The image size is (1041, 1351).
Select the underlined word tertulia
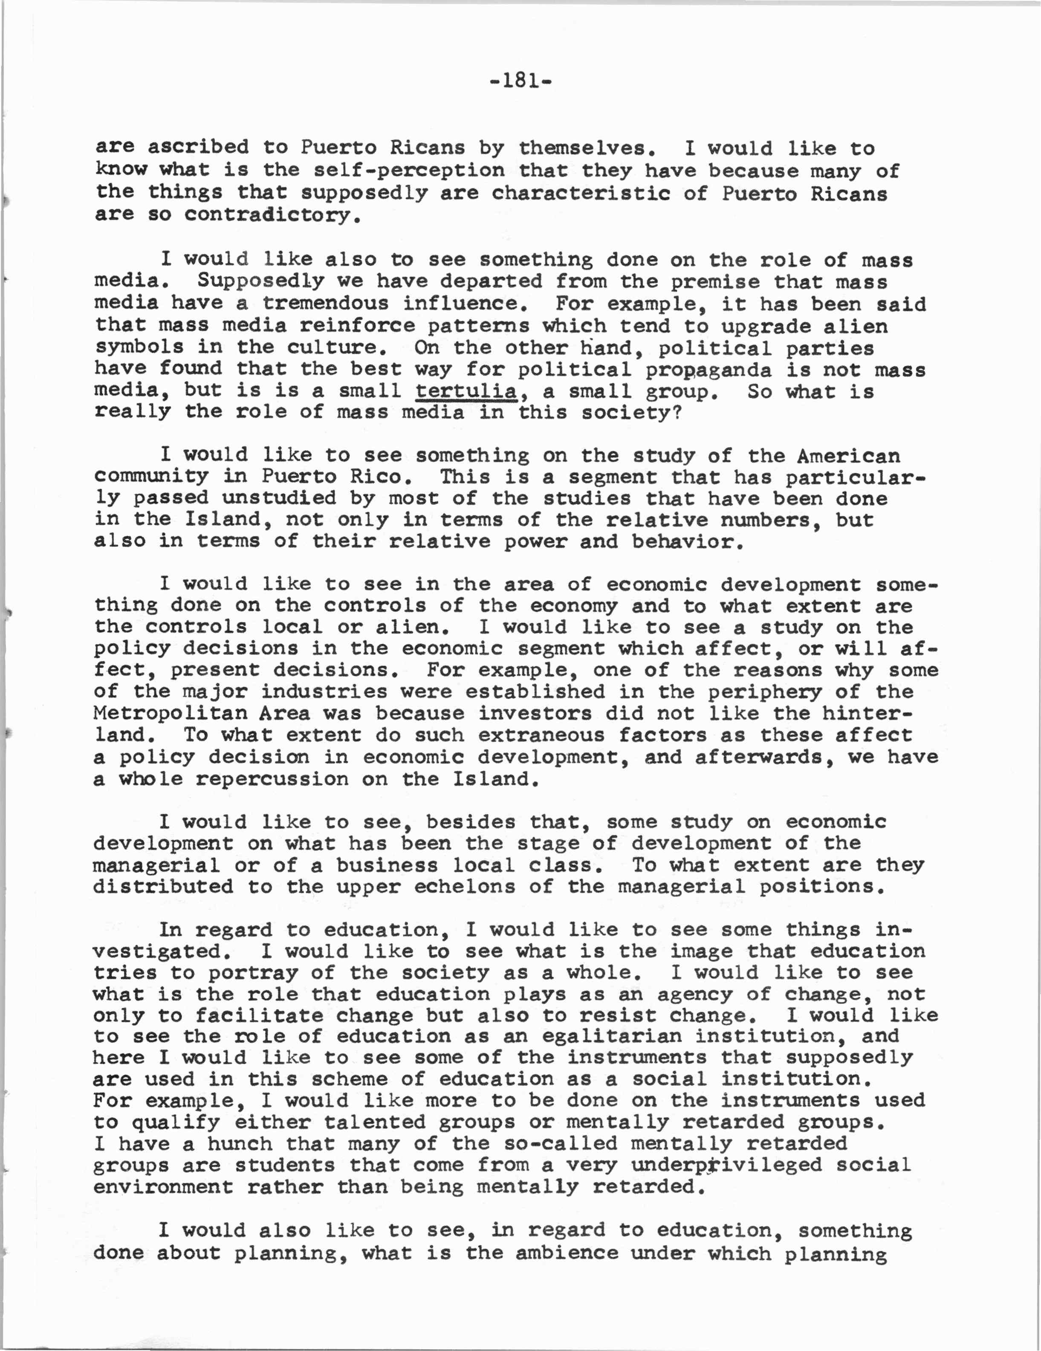click(466, 391)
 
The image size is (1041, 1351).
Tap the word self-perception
click(409, 171)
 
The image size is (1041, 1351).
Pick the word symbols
click(139, 347)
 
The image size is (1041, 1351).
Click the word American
click(848, 456)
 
